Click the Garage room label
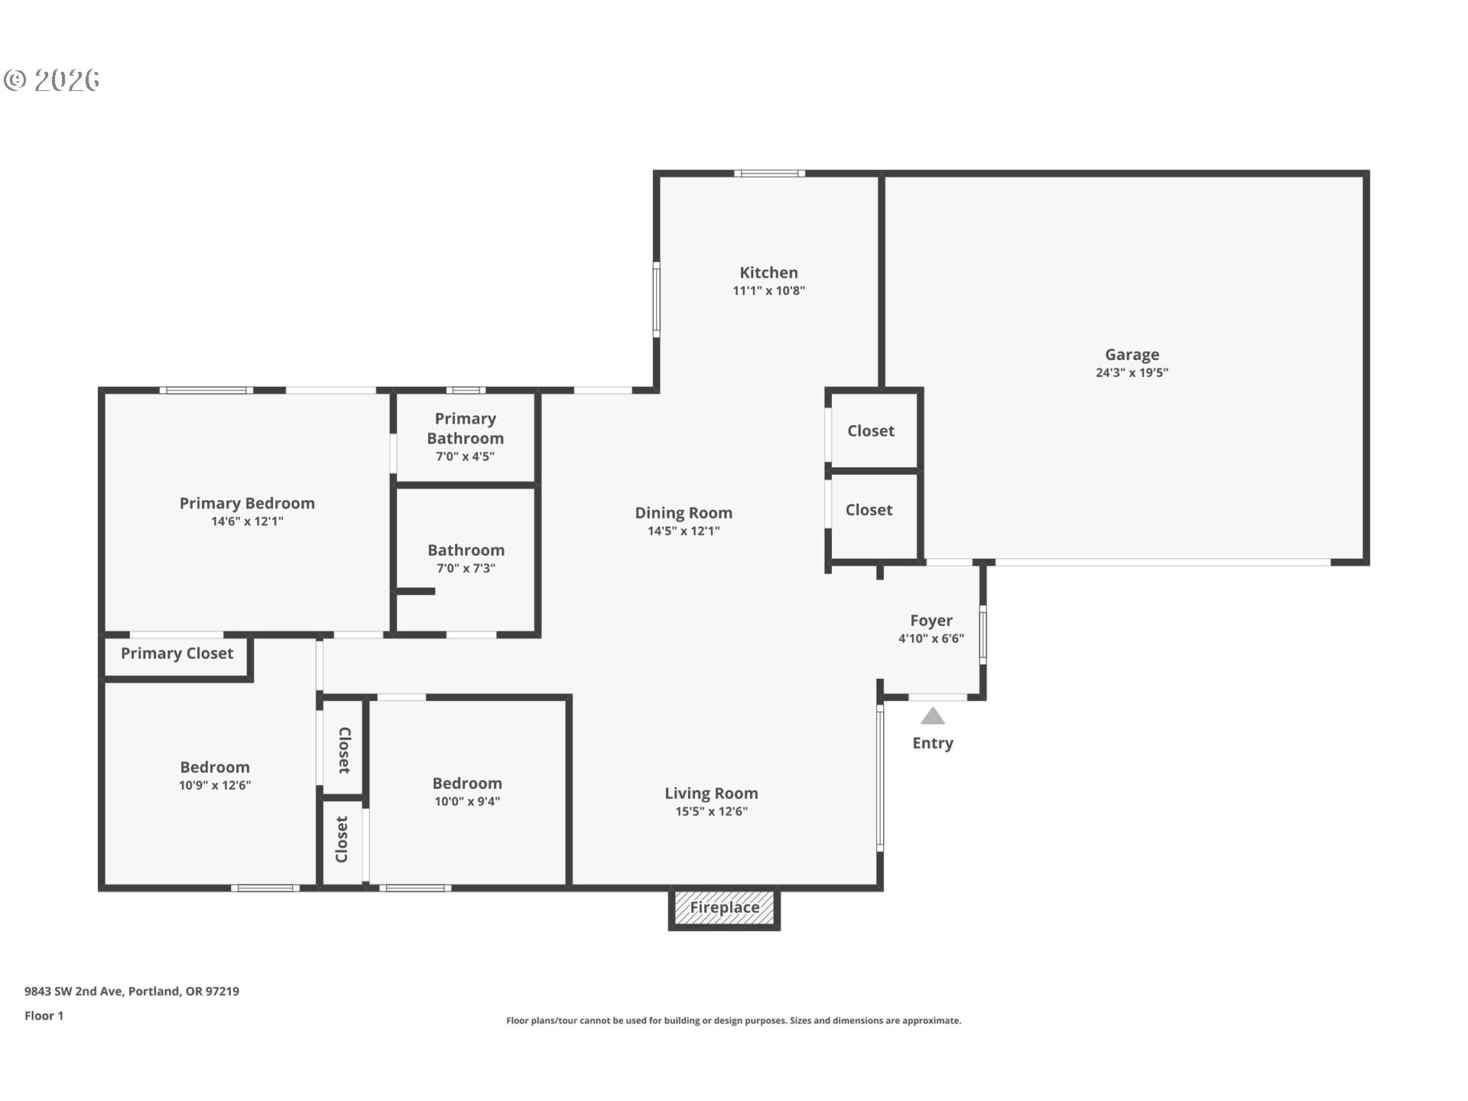(1132, 355)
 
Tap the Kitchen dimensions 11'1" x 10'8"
(768, 291)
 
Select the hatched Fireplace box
(724, 908)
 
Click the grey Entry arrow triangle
(932, 716)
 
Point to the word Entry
(932, 743)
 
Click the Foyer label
(930, 621)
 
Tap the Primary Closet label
(177, 654)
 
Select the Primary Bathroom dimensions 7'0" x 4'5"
(465, 456)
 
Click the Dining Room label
(684, 513)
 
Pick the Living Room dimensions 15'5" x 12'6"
(711, 811)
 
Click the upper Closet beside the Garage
(870, 431)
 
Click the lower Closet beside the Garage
(869, 510)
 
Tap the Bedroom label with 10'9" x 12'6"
(215, 768)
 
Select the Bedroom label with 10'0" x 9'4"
(466, 784)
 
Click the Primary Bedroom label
(247, 503)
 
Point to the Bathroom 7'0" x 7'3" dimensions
(465, 568)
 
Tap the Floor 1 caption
(44, 1016)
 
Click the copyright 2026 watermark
(52, 80)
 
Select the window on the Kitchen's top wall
(769, 174)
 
